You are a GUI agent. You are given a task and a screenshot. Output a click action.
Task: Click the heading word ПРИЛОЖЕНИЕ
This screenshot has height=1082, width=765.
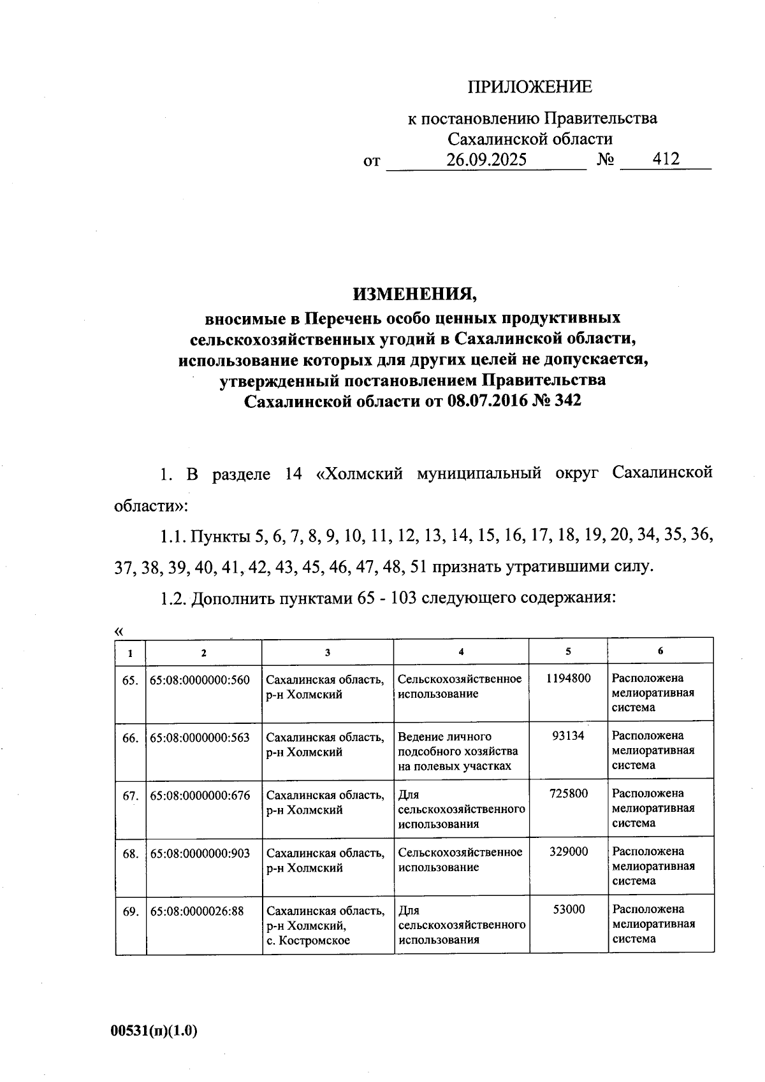click(530, 87)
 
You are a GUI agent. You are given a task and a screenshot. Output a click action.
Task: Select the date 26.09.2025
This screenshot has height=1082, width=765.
click(486, 159)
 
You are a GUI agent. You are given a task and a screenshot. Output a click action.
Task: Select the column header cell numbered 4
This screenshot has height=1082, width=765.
click(461, 651)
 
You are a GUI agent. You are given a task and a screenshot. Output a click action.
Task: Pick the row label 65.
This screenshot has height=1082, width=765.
click(130, 680)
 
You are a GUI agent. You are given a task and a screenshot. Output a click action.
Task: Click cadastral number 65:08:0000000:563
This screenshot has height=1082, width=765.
click(200, 738)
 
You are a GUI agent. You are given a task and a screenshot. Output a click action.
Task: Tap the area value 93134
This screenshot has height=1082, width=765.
click(568, 736)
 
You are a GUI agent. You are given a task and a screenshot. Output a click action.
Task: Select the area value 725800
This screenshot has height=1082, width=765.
click(568, 794)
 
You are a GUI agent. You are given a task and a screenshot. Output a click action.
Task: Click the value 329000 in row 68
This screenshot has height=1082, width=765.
click(568, 852)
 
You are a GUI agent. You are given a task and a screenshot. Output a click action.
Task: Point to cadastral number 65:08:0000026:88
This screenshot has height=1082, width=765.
click(197, 911)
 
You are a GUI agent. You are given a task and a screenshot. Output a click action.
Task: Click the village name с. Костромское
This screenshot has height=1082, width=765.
click(308, 940)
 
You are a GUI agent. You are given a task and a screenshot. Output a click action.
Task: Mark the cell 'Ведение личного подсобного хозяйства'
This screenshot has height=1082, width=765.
click(458, 751)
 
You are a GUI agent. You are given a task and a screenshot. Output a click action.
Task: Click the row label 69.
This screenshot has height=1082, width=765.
click(130, 912)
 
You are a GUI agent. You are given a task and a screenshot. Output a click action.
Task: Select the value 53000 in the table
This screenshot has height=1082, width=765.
click(568, 909)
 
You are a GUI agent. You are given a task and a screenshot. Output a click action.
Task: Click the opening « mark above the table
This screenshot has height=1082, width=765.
click(118, 631)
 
